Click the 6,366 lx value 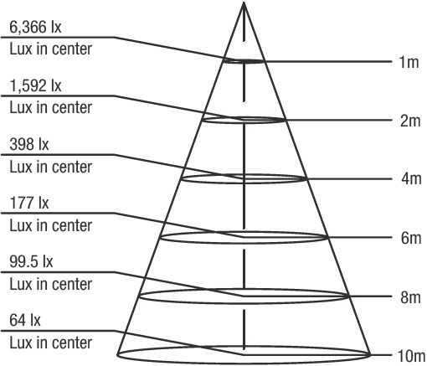pos(35,28)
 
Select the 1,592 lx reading pos(35,85)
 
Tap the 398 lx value pos(29,145)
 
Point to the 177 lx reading pos(29,203)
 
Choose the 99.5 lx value pos(31,261)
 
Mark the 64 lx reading pos(25,320)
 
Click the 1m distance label pos(409,62)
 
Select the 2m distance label pos(410,121)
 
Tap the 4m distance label pos(411,178)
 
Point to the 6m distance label pos(411,238)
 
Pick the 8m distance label pos(410,297)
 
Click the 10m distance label pos(411,356)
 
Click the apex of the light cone pos(244,3)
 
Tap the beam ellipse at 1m pos(244,63)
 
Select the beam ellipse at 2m pos(244,123)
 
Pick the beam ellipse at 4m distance pos(244,183)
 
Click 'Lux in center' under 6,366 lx pos(51,49)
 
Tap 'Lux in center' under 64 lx pos(51,343)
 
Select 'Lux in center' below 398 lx pos(51,167)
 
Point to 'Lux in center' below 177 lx pos(51,225)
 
